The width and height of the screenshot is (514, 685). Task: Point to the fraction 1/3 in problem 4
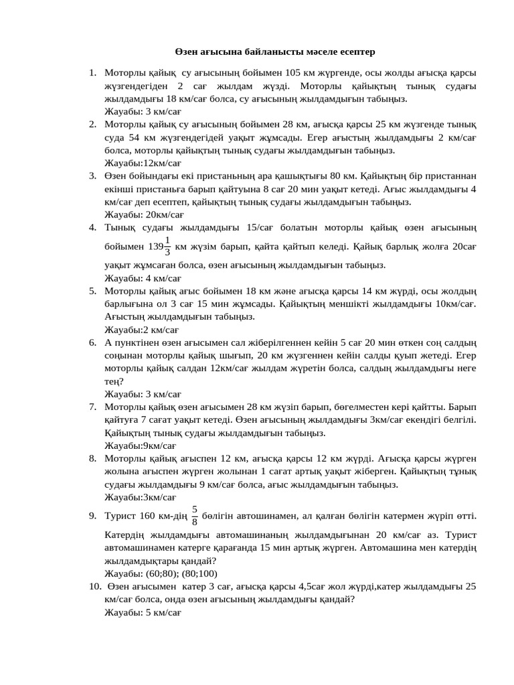pyautogui.click(x=167, y=246)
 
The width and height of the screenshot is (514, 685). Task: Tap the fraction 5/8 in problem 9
pyautogui.click(x=195, y=516)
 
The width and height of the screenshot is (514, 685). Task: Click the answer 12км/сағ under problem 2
pyautogui.click(x=153, y=163)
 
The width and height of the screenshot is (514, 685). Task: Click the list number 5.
pyautogui.click(x=93, y=291)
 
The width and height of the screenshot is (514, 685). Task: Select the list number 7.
pyautogui.click(x=93, y=407)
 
